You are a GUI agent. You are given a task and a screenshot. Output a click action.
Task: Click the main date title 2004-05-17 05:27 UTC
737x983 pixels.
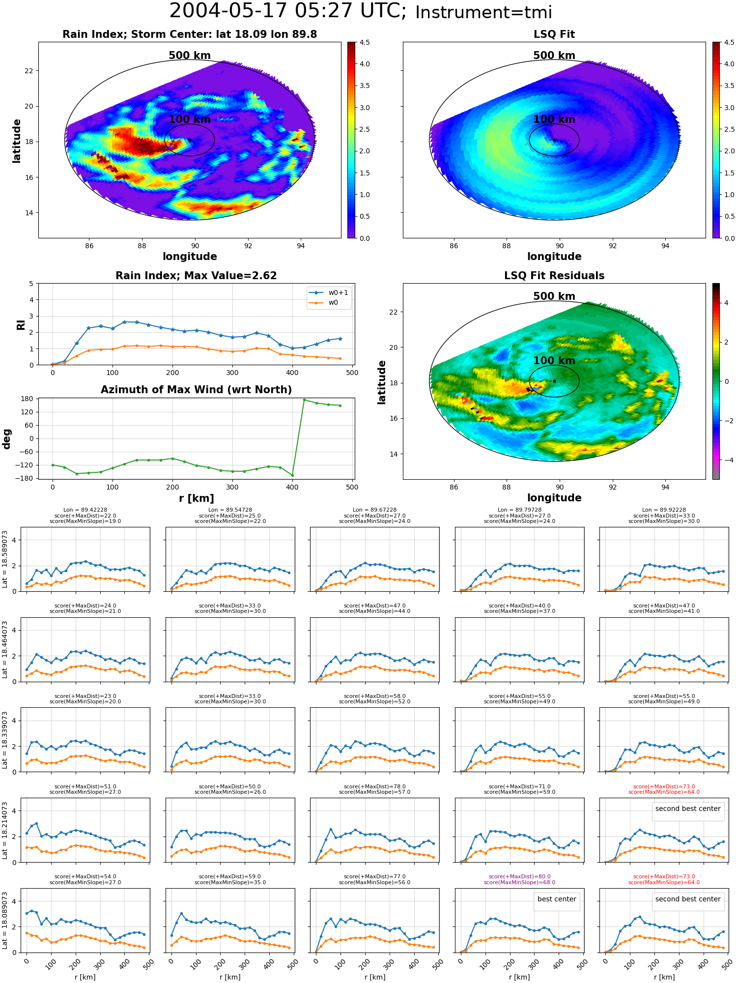click(288, 11)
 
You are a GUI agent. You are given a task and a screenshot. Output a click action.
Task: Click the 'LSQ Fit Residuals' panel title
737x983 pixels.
click(554, 276)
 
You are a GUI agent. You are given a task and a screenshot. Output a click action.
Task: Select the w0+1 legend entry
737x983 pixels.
click(329, 292)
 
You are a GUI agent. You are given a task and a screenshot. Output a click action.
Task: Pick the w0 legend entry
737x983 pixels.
click(324, 303)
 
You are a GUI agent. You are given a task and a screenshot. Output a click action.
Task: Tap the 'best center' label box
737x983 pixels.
click(557, 899)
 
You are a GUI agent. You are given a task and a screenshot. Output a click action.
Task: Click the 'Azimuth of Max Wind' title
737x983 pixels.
click(196, 390)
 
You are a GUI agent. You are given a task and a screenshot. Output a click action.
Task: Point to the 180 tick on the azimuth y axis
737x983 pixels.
click(28, 399)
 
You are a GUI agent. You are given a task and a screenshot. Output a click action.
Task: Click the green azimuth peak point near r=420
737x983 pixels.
click(304, 400)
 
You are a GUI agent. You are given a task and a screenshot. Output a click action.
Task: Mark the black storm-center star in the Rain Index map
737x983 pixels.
click(190, 140)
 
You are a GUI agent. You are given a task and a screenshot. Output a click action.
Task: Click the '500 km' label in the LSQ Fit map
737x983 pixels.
click(554, 56)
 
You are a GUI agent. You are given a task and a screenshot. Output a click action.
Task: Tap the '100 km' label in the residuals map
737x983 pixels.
click(554, 361)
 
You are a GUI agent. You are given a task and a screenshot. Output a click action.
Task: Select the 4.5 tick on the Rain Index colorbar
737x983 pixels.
click(365, 42)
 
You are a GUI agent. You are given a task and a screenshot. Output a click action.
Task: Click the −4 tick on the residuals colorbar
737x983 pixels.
click(726, 460)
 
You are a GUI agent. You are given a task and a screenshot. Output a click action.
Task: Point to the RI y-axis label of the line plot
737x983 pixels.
click(21, 324)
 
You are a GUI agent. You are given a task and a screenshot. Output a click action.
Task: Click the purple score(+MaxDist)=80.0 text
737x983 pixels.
click(520, 876)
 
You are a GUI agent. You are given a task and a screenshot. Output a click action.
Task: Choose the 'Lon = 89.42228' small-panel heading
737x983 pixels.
click(85, 510)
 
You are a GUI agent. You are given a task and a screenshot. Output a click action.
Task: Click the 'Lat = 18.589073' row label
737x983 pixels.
click(5, 559)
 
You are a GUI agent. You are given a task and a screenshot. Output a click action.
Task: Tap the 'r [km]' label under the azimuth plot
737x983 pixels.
click(196, 498)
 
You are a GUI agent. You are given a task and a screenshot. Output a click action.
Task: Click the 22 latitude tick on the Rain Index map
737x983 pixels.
click(28, 71)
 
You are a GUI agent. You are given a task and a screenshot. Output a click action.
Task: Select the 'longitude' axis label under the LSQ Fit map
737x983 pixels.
click(554, 257)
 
